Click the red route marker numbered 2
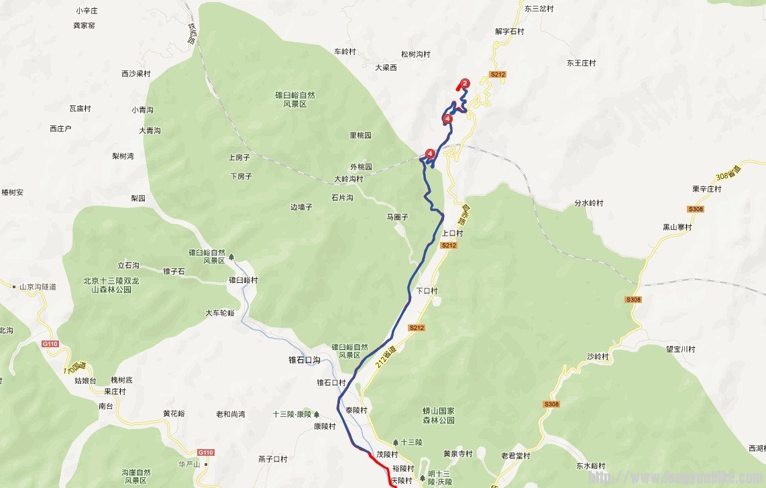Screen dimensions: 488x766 [465, 83]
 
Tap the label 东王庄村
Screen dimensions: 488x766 [581, 63]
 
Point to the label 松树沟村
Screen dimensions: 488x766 [415, 54]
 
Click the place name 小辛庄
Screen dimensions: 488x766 [87, 11]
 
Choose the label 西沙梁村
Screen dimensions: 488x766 [136, 74]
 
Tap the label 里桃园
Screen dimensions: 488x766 [360, 135]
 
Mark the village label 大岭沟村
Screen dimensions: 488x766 [348, 179]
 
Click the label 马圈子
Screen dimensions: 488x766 [398, 217]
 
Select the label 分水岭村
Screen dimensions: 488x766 [589, 202]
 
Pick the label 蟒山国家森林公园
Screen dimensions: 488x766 [439, 415]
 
